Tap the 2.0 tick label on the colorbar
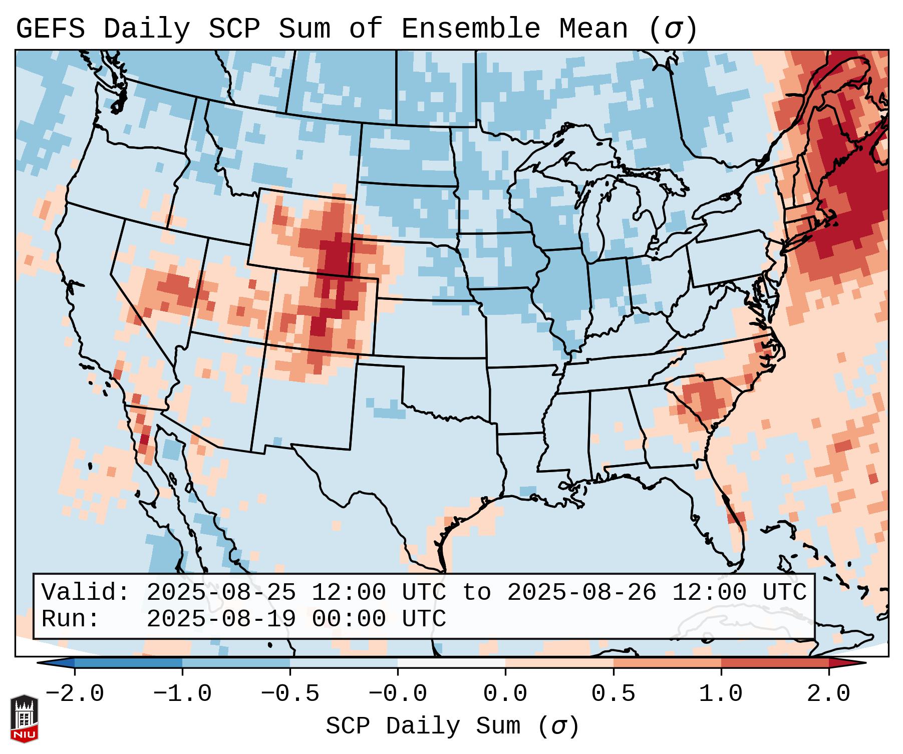pyautogui.click(x=829, y=694)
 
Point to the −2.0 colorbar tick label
pyautogui.click(x=75, y=694)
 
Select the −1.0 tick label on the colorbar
pyautogui.click(x=182, y=694)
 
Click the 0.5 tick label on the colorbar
pyautogui.click(x=614, y=694)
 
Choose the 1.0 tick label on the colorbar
pyautogui.click(x=721, y=694)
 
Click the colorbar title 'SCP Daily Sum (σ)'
pyautogui.click(x=452, y=726)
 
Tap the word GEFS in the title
pyautogui.click(x=50, y=29)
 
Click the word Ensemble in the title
pyautogui.click(x=471, y=29)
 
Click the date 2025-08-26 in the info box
pyautogui.click(x=581, y=593)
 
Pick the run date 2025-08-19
pyautogui.click(x=221, y=619)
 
